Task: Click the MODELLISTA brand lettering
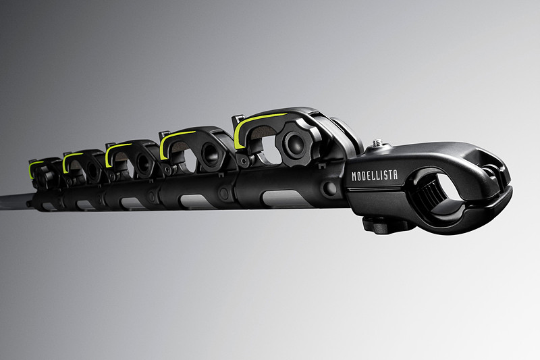(x=375, y=176)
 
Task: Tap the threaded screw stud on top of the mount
(x=378, y=142)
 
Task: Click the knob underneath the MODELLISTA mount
(x=385, y=226)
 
